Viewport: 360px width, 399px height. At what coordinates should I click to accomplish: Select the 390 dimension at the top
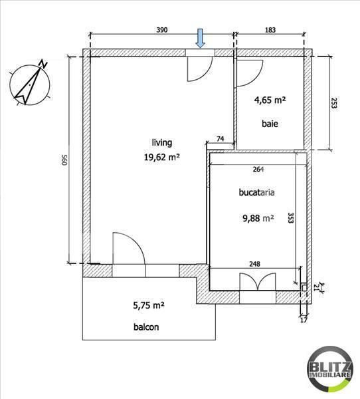(161, 30)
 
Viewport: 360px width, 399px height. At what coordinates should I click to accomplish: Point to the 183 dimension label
(270, 30)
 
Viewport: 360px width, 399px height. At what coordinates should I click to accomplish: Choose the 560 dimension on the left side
(64, 160)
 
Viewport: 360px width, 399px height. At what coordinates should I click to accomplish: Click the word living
(162, 142)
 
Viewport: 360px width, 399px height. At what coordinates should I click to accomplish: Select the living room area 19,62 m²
(162, 158)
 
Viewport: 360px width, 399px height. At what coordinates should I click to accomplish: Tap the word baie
(269, 124)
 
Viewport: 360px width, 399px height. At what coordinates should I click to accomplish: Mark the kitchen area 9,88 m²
(257, 217)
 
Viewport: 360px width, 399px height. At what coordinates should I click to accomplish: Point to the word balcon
(145, 327)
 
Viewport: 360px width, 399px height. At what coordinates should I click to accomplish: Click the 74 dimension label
(220, 140)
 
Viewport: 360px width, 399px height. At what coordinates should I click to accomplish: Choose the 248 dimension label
(254, 263)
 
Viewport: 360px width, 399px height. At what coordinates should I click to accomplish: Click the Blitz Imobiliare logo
(330, 370)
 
